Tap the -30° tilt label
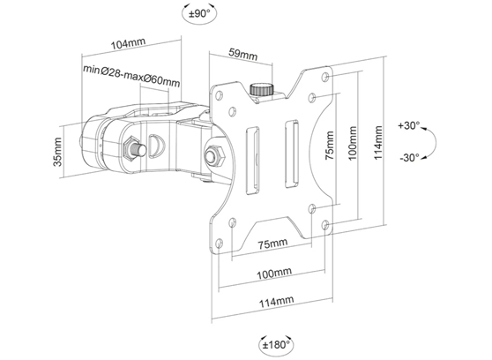(x=408, y=158)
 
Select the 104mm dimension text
(x=129, y=43)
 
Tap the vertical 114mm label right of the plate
(x=377, y=144)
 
